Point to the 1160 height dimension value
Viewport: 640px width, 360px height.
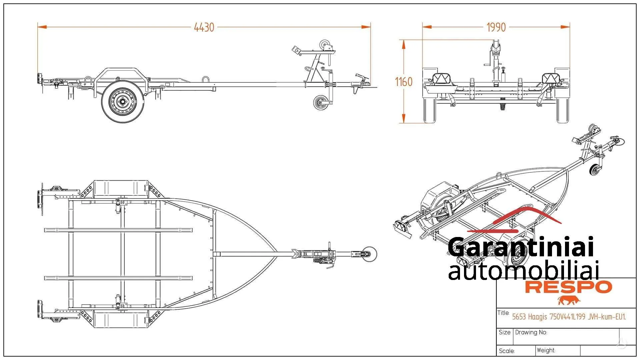[404, 82]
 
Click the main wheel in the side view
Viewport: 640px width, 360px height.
[123, 101]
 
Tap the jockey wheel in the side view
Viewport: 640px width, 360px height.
[321, 102]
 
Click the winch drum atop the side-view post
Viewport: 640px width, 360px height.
[325, 44]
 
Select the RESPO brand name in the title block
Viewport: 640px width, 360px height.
[568, 287]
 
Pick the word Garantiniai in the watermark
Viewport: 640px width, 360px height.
[521, 247]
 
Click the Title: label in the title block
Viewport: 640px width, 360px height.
[503, 313]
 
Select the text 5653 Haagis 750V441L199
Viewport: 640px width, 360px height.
[548, 317]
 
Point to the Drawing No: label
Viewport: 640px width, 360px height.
[531, 332]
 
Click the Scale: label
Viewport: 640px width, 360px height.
[507, 351]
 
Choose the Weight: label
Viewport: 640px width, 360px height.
[546, 350]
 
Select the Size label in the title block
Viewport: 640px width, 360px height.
[504, 332]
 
